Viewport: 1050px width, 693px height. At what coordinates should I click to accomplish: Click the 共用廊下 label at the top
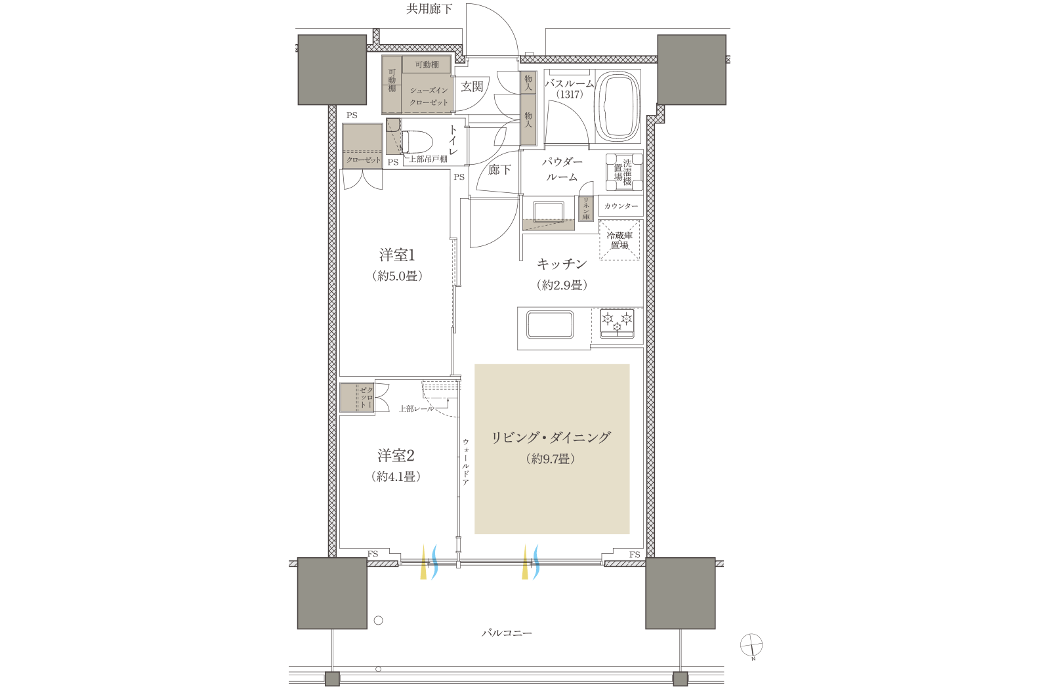coord(429,9)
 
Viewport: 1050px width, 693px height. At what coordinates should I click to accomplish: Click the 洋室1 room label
coord(397,255)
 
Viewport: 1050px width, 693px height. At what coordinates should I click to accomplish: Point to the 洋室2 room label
coord(396,455)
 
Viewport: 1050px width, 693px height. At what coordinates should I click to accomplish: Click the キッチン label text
coord(562,264)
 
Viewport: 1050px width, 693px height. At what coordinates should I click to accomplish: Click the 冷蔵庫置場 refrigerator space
coord(619,240)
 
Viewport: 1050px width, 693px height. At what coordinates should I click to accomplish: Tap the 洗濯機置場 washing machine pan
coord(623,172)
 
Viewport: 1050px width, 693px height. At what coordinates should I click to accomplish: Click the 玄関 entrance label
coord(472,87)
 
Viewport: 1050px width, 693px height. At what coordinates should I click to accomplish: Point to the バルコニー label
coord(507,633)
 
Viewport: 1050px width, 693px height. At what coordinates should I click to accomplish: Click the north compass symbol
coord(751,645)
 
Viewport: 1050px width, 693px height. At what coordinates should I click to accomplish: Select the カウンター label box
coord(621,206)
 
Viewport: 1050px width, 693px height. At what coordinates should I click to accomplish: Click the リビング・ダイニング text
coord(551,437)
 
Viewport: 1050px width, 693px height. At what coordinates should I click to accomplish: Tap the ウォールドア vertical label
coord(465,462)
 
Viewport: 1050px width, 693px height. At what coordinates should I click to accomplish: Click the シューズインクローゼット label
coord(429,96)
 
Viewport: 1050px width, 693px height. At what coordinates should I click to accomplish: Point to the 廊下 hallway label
coord(499,170)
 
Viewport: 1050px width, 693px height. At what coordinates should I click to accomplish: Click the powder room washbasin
coord(549,212)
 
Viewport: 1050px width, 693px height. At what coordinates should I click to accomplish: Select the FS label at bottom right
coord(635,555)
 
